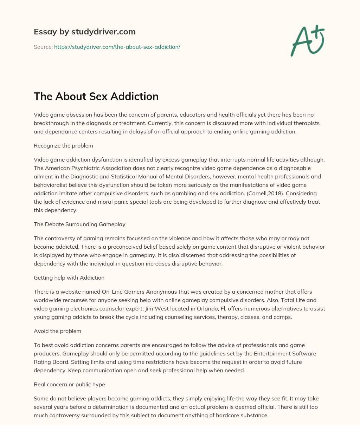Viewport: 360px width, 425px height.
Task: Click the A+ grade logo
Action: [x=307, y=41]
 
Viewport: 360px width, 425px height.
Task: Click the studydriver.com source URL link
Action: [x=117, y=47]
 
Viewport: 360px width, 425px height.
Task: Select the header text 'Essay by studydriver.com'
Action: [x=84, y=32]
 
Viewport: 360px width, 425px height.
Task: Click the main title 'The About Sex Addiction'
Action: [x=96, y=96]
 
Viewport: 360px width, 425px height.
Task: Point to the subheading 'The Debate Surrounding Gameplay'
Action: [x=79, y=224]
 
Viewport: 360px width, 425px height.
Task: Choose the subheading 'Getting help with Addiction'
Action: [x=69, y=277]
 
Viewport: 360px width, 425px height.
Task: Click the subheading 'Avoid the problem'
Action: [x=57, y=331]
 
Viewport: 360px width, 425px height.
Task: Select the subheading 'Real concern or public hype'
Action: [x=69, y=384]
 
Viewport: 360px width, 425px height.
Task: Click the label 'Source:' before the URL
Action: [x=43, y=47]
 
